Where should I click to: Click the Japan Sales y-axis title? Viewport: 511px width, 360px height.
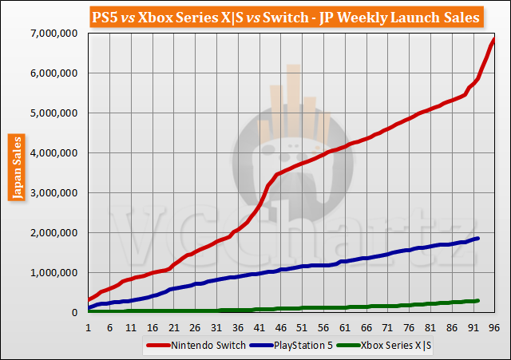pos(14,171)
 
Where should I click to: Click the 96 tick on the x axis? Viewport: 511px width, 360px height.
pos(494,326)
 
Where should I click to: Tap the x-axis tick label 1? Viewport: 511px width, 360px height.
pos(88,326)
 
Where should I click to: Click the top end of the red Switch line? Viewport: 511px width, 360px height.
pos(494,38)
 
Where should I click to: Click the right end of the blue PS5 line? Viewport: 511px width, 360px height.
pos(478,238)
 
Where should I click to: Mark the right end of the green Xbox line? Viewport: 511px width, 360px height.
pos(477,300)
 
